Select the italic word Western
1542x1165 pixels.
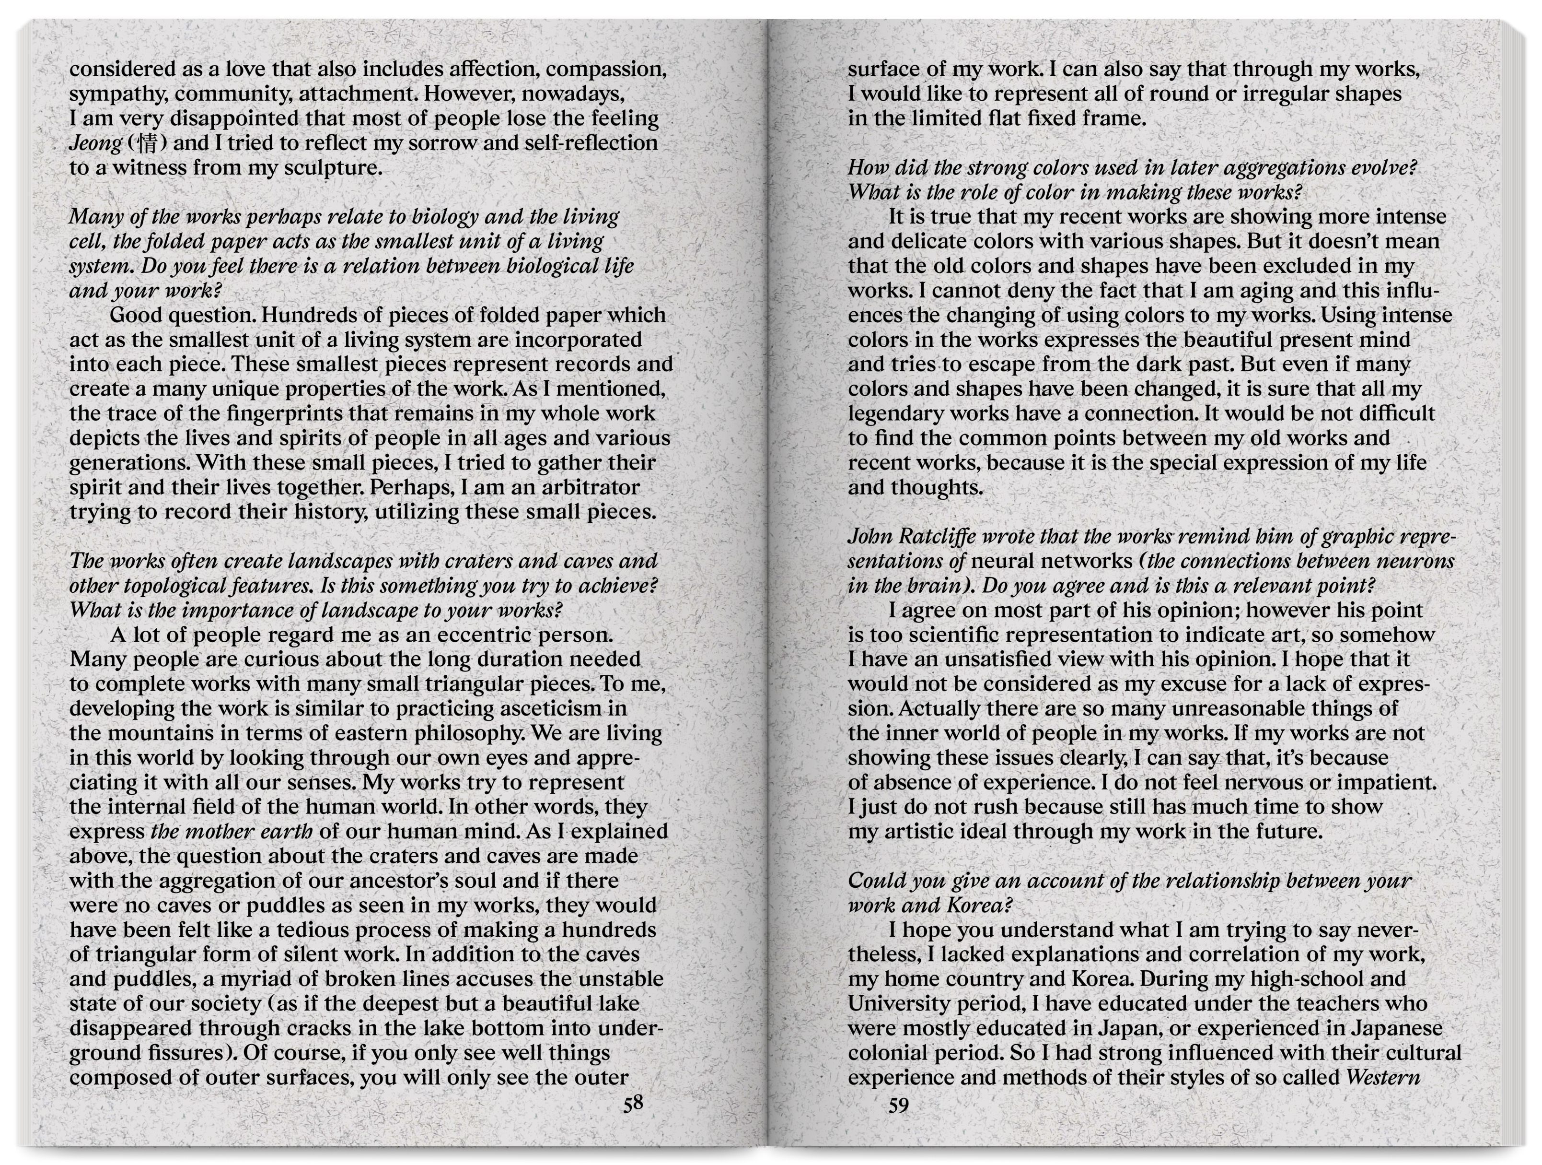coord(1383,1078)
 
